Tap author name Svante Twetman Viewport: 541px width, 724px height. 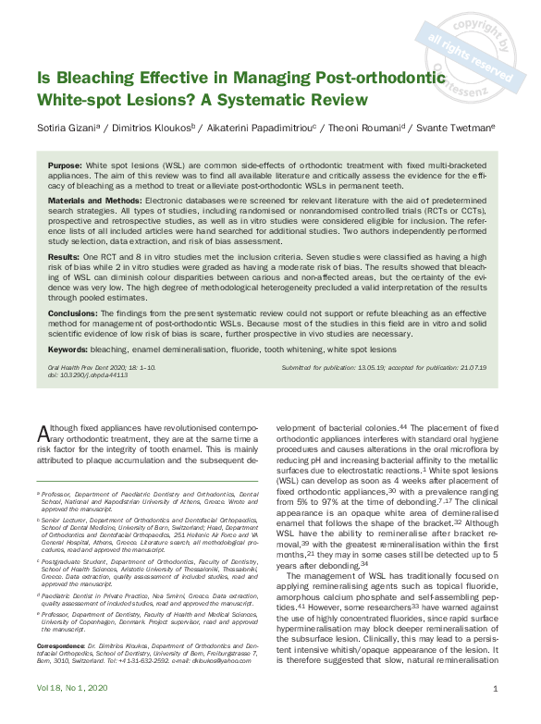click(463, 129)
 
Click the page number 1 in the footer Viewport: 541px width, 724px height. click(497, 715)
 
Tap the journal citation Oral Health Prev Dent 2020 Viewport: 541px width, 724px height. click(89, 367)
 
